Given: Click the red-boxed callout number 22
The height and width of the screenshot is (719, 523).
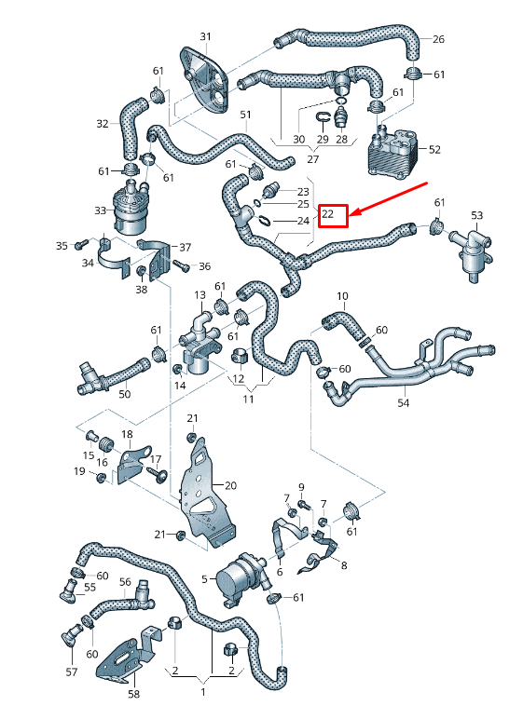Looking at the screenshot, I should coord(332,215).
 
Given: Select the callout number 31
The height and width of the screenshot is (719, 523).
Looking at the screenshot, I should coord(205,36).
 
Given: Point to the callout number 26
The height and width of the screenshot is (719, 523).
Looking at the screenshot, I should coord(438,39).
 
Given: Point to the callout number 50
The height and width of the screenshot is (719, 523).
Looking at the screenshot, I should coord(124,395).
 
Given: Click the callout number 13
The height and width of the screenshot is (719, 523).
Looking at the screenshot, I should coord(199,295).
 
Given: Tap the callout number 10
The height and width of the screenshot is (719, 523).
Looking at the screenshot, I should coord(342,296).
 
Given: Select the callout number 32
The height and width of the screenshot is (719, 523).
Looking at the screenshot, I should coord(103,123).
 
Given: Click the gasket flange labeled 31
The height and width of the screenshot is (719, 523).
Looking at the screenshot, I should coord(208,83).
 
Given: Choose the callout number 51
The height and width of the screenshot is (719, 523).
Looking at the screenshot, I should coord(245,115).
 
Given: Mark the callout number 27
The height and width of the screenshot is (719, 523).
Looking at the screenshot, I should coord(298,159).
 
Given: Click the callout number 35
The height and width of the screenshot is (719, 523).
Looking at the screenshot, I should coord(62,245).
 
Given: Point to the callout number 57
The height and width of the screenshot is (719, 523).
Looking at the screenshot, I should coord(72,672).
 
